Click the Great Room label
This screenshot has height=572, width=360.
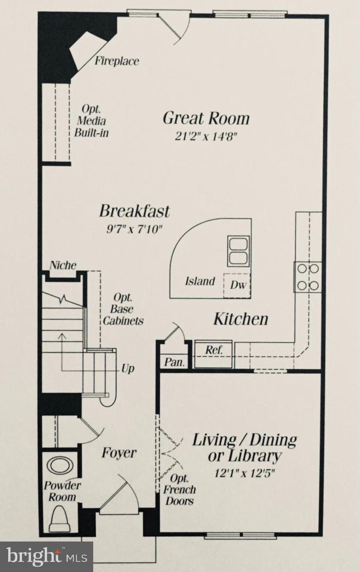[206, 118]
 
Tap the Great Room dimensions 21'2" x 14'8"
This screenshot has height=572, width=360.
[206, 136]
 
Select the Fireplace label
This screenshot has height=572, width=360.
[116, 61]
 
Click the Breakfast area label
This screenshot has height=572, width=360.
[134, 211]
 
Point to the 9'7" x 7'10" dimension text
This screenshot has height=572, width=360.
[135, 229]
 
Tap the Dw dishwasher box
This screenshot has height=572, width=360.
[237, 285]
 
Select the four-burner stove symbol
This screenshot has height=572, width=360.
[308, 277]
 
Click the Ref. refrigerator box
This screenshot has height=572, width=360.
[214, 350]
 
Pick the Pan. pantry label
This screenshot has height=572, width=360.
[174, 362]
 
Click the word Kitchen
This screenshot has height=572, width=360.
[240, 319]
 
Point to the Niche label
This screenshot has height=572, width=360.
[63, 266]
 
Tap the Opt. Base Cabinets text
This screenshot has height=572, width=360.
[123, 309]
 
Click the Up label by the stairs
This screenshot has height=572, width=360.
[127, 369]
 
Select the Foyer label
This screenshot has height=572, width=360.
[119, 453]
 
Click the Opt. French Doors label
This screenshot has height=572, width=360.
[180, 489]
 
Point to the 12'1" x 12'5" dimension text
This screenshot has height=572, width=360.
[244, 474]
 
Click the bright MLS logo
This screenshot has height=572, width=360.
[47, 557]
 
